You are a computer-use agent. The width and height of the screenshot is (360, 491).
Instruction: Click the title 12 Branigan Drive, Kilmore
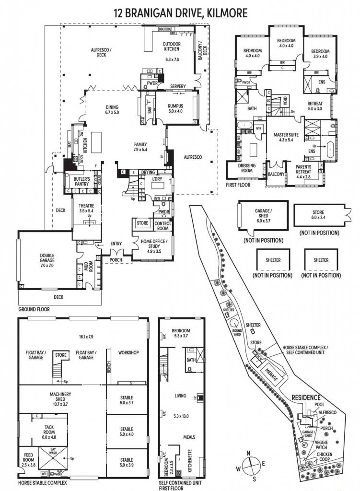pos(181,12)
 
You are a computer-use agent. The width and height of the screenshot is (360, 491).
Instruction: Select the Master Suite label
pos(286,138)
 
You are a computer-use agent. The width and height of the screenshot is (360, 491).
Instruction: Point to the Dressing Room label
pos(249,168)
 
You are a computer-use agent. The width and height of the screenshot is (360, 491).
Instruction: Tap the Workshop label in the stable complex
pos(128,352)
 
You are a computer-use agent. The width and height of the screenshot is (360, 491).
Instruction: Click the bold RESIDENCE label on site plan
pos(305,398)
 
